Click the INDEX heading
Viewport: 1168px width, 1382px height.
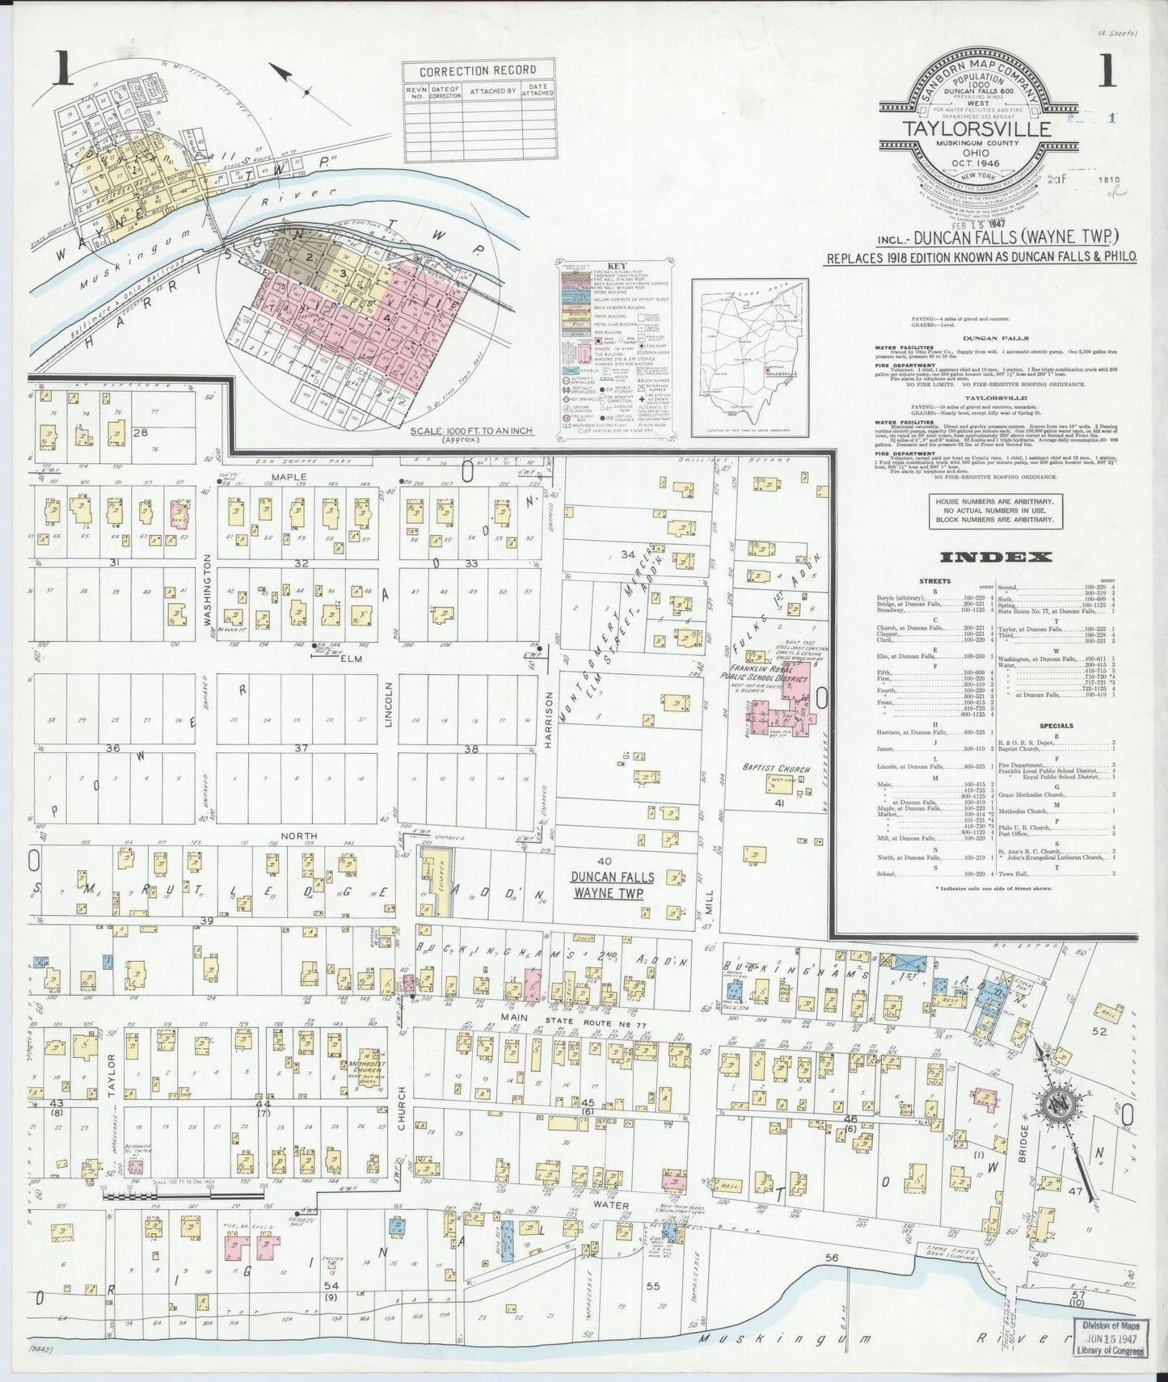point(995,557)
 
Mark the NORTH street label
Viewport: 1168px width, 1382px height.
point(298,836)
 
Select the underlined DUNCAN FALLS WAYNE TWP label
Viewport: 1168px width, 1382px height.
point(614,885)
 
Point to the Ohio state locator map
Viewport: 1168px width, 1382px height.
point(750,357)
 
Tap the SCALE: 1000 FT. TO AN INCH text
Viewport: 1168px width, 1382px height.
point(471,431)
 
